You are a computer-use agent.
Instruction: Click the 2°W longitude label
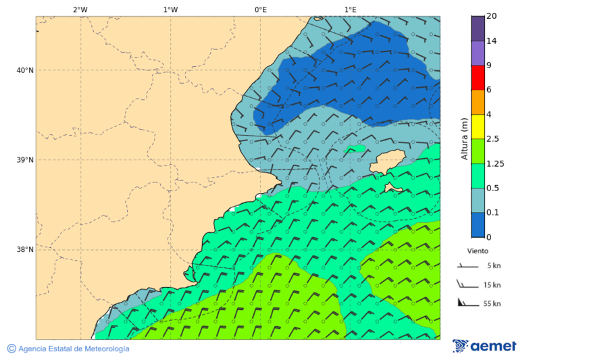pos(80,9)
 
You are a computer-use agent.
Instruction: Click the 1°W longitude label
pos(170,9)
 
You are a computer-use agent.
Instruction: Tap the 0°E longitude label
pos(260,9)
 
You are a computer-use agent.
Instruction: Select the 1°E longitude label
pos(350,9)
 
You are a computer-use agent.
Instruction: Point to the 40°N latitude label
pos(25,70)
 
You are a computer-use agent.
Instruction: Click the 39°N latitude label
pos(25,160)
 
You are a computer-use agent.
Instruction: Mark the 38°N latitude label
pos(25,250)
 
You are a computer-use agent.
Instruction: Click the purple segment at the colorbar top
pos(478,28)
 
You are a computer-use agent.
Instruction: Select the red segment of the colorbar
pos(478,78)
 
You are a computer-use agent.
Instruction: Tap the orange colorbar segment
pos(478,102)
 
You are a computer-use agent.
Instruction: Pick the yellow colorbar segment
pos(478,126)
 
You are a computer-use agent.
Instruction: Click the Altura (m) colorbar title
pos(464,138)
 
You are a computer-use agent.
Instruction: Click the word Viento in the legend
pos(478,251)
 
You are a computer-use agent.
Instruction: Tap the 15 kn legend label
pos(492,285)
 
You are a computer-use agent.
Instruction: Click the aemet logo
pos(484,346)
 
